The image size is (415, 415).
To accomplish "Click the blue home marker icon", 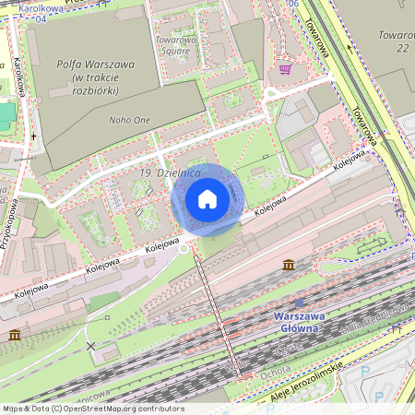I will point(207,199).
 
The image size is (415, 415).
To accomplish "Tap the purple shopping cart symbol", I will point(286,68).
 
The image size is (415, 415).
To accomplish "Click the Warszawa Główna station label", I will point(297,322).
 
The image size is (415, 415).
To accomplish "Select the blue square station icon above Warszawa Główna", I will point(298,302).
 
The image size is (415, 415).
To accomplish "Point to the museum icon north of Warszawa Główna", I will point(290,266).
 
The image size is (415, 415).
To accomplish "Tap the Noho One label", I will point(129,120).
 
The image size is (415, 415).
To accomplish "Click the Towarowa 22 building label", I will point(394,41).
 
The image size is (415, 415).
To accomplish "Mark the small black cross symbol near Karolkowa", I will point(33,136).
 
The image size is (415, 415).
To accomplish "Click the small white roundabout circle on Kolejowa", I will point(184,248).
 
